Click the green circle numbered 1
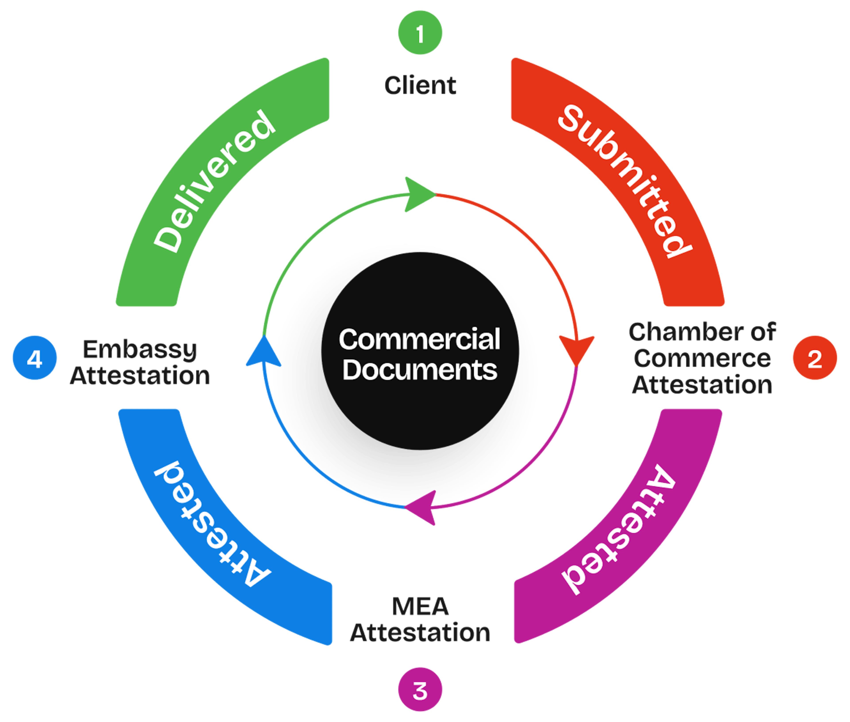tap(420, 33)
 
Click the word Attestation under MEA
tap(420, 633)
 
